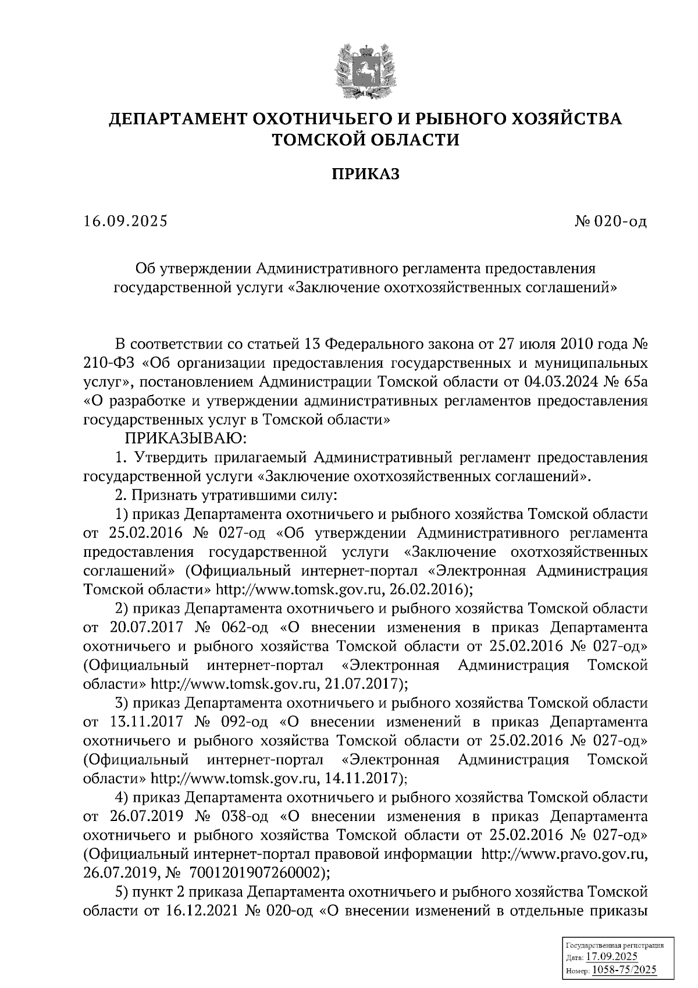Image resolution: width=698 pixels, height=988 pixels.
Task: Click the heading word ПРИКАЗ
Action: pos(365,175)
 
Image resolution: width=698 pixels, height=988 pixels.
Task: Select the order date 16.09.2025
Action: pos(126,222)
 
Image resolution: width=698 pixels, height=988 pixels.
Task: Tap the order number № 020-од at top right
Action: pos(610,222)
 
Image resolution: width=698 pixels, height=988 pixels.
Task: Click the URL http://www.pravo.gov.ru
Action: pos(564,854)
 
